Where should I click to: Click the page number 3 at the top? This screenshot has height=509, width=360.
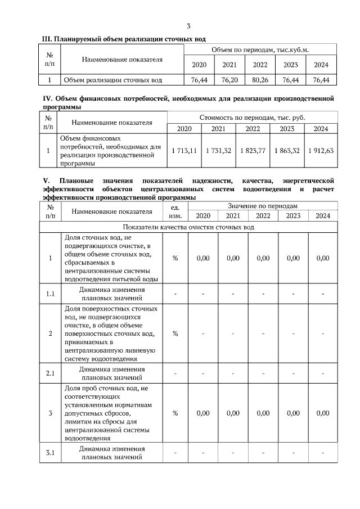click(188, 26)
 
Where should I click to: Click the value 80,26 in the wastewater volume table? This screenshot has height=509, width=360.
click(260, 80)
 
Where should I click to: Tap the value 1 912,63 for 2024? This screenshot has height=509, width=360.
click(321, 150)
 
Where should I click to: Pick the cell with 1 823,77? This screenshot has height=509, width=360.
click(253, 150)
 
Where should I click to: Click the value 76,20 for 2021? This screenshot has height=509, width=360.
click(229, 80)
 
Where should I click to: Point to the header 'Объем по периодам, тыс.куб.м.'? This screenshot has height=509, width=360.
click(260, 50)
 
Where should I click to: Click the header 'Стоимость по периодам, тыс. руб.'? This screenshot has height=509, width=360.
click(253, 118)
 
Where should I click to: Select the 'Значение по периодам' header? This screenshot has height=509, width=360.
click(263, 206)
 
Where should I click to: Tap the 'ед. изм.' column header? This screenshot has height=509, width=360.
click(175, 211)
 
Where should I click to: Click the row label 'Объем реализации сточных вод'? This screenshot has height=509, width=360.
click(113, 80)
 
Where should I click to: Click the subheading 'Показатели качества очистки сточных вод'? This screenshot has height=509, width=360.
click(188, 227)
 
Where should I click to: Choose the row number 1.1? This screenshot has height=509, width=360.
click(51, 294)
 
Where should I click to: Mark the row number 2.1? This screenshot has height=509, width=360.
click(51, 373)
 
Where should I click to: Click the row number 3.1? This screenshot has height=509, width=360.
click(51, 453)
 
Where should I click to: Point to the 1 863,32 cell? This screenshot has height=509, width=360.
click(287, 150)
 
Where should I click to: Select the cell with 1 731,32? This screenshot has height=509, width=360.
click(219, 150)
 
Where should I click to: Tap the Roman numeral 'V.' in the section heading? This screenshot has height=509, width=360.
click(47, 181)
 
